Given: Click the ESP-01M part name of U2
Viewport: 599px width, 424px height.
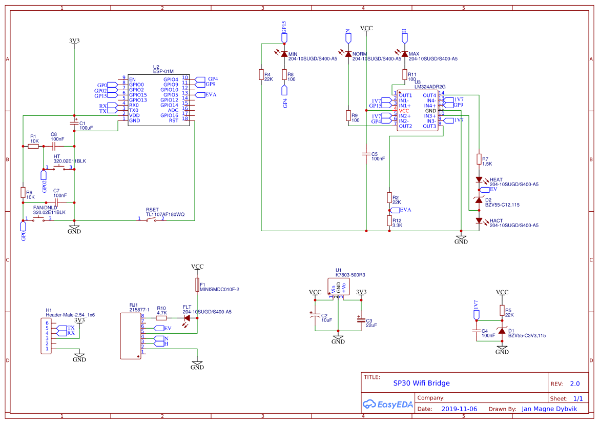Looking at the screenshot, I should (163, 71).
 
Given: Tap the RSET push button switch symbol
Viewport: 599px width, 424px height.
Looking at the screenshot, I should (151, 220).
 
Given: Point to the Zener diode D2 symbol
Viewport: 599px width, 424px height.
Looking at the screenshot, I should (479, 200).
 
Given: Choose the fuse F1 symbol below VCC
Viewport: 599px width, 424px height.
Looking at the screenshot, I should (197, 284).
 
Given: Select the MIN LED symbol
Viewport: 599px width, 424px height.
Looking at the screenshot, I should (284, 54).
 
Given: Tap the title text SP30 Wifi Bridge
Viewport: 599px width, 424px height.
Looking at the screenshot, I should (421, 383).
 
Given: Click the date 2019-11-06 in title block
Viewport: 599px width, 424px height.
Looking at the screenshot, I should (459, 409).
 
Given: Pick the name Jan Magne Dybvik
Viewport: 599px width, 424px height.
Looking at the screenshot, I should (549, 409).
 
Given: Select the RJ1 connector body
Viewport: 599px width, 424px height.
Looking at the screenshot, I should (130, 335).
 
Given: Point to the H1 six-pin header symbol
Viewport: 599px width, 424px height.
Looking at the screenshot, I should (47, 336).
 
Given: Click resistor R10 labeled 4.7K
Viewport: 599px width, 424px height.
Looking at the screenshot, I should (161, 317).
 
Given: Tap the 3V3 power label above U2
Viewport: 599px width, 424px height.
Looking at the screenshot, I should (74, 41).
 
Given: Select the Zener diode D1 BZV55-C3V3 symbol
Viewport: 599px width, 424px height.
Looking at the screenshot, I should (502, 331).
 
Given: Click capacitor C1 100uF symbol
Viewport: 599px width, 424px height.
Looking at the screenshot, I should (74, 123).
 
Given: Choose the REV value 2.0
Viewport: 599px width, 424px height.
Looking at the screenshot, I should (574, 383).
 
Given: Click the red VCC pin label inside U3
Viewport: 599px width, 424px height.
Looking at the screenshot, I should (404, 111).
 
